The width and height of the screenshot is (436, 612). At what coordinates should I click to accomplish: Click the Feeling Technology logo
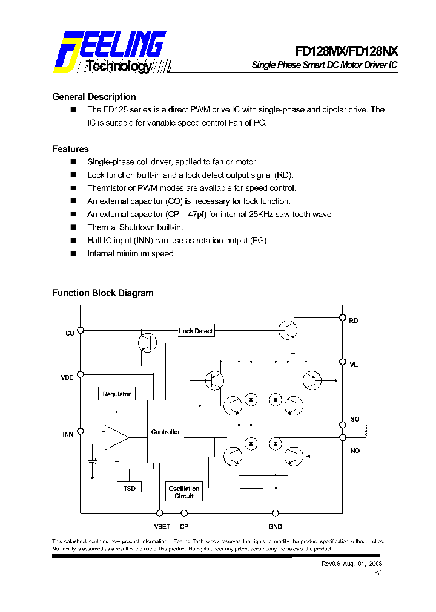pyautogui.click(x=111, y=53)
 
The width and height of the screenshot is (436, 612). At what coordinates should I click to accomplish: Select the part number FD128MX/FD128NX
pyautogui.click(x=346, y=51)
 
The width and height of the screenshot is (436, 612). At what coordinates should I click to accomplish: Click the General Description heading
pyautogui.click(x=94, y=97)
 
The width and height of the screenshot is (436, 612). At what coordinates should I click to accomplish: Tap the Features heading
pyautogui.click(x=70, y=149)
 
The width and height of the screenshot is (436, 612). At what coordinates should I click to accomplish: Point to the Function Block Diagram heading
pyautogui.click(x=102, y=293)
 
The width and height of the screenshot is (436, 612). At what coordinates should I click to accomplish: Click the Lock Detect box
pyautogui.click(x=196, y=331)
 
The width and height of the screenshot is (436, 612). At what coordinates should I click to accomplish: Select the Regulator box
pyautogui.click(x=116, y=394)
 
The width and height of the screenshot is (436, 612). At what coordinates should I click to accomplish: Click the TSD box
pyautogui.click(x=129, y=488)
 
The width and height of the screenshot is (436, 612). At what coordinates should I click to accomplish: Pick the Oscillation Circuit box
pyautogui.click(x=184, y=492)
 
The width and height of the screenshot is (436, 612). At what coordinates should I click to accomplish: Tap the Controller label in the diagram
pyautogui.click(x=165, y=432)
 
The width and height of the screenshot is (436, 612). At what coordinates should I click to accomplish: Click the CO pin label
pyautogui.click(x=70, y=333)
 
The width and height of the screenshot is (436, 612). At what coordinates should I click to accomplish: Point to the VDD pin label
pyautogui.click(x=67, y=377)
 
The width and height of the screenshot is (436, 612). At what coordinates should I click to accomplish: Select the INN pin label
pyautogui.click(x=68, y=434)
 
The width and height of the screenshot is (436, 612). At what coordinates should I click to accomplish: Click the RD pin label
pyautogui.click(x=354, y=321)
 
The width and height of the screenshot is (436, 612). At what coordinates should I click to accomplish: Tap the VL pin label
pyautogui.click(x=354, y=365)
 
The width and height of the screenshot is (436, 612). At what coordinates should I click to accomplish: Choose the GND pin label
pyautogui.click(x=275, y=527)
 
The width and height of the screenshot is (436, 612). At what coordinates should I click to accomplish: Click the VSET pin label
pyautogui.click(x=162, y=527)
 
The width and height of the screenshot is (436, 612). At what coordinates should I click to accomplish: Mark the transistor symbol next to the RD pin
pyautogui.click(x=287, y=330)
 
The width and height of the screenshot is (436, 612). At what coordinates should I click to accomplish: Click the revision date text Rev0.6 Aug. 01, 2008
pyautogui.click(x=351, y=564)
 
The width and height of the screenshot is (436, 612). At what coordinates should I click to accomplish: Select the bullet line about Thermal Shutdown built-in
pyautogui.click(x=135, y=227)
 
